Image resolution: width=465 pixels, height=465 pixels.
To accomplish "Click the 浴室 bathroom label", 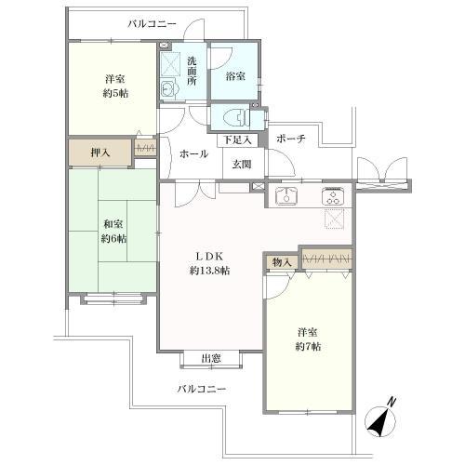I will pos(234,77).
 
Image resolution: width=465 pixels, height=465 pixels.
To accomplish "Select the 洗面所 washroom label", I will pos(192,73).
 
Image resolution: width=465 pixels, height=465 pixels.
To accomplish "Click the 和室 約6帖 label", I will pos(114,231).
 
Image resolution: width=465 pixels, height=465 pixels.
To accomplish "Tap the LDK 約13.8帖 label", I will pos(211,263).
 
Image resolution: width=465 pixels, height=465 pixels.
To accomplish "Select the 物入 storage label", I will pos(282,262).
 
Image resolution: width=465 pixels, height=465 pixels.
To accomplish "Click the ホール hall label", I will pos(193,154).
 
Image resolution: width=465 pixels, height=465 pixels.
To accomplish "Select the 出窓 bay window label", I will pos(210,358).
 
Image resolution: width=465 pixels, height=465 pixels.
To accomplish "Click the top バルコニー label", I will pos(152,23).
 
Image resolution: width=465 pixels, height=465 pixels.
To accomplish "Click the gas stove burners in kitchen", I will pos(332,196).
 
